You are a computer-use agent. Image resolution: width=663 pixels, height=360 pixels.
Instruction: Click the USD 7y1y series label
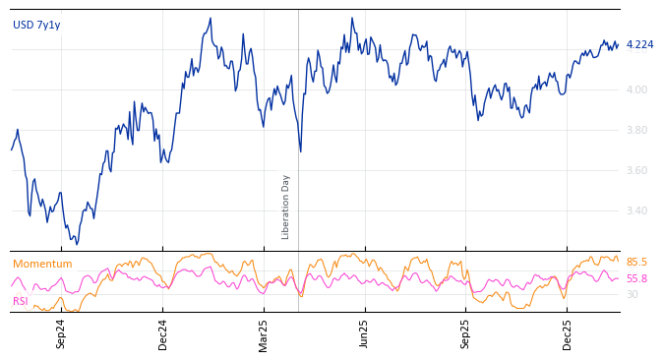[x=36, y=26]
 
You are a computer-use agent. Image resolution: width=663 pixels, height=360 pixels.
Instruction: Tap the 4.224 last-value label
[x=639, y=45]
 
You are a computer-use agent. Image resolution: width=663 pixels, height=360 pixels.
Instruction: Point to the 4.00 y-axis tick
[x=637, y=90]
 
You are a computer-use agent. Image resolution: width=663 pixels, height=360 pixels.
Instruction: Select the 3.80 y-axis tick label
[x=637, y=131]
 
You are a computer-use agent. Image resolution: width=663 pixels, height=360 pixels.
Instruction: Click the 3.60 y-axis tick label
[x=637, y=171]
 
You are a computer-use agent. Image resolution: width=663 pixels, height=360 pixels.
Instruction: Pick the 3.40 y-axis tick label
[x=637, y=211]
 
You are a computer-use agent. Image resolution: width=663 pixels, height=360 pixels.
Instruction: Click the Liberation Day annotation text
[x=286, y=207]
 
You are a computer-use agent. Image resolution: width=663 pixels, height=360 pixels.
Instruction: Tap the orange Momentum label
[x=42, y=265]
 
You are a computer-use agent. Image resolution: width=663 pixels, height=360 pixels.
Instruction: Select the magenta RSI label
[x=21, y=301]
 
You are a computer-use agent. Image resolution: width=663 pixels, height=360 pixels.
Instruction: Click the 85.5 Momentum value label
[x=636, y=263]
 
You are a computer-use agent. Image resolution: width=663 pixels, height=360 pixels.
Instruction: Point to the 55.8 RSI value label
[x=636, y=279]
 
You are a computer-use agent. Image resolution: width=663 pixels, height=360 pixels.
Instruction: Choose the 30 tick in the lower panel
[x=632, y=294]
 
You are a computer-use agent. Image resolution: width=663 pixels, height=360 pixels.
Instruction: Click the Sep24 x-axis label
[x=61, y=334]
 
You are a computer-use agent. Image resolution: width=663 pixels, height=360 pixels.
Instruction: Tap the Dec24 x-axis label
[x=163, y=334]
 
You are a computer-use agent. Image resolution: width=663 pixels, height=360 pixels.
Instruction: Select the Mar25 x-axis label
[x=264, y=334]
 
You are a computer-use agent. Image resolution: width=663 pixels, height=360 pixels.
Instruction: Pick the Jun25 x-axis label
[x=364, y=334]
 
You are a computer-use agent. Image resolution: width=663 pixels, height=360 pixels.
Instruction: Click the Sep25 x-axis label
[x=466, y=334]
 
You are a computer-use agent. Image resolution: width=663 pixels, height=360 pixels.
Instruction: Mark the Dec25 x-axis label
[x=568, y=334]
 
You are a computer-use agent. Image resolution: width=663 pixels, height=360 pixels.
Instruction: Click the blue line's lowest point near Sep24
[x=76, y=243]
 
